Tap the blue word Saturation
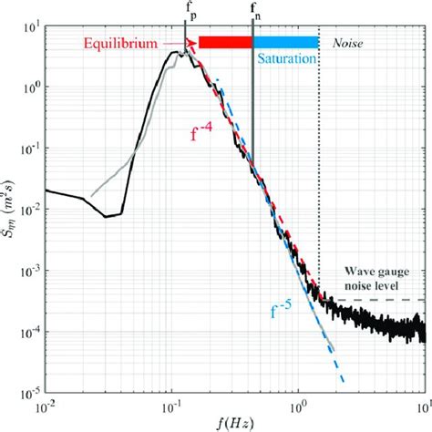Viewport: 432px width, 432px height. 285,58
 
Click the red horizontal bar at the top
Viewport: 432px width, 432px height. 225,42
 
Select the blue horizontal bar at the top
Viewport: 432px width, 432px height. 285,42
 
